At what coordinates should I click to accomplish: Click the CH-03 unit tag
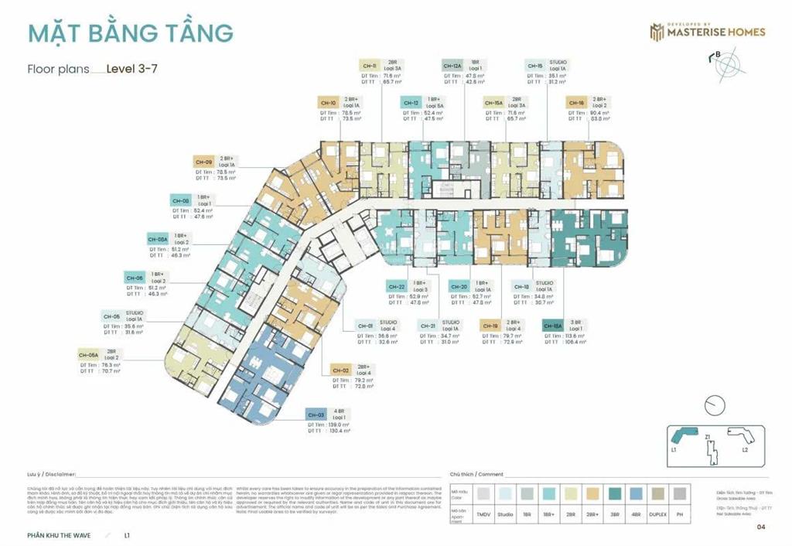pos(316,414)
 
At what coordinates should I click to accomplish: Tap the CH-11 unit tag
pos(370,66)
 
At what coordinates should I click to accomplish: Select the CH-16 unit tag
pos(576,102)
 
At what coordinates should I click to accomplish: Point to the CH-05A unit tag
pos(89,355)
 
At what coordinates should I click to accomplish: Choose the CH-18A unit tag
pos(553,326)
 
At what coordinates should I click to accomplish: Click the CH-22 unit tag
pos(397,287)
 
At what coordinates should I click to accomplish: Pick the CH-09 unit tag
pos(204,162)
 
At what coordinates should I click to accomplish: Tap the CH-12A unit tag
pos(452,66)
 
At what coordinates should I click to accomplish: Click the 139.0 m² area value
pos(350,425)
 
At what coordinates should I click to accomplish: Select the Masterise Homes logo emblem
pos(657,32)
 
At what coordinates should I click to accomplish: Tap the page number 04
pos(761,527)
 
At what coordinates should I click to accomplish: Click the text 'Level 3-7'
pos(132,68)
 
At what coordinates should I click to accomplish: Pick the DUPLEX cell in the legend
pos(657,514)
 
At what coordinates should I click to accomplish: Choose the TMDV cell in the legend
pos(483,514)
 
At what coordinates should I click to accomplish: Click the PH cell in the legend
pos(680,514)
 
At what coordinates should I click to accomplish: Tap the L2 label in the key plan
pos(745,449)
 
